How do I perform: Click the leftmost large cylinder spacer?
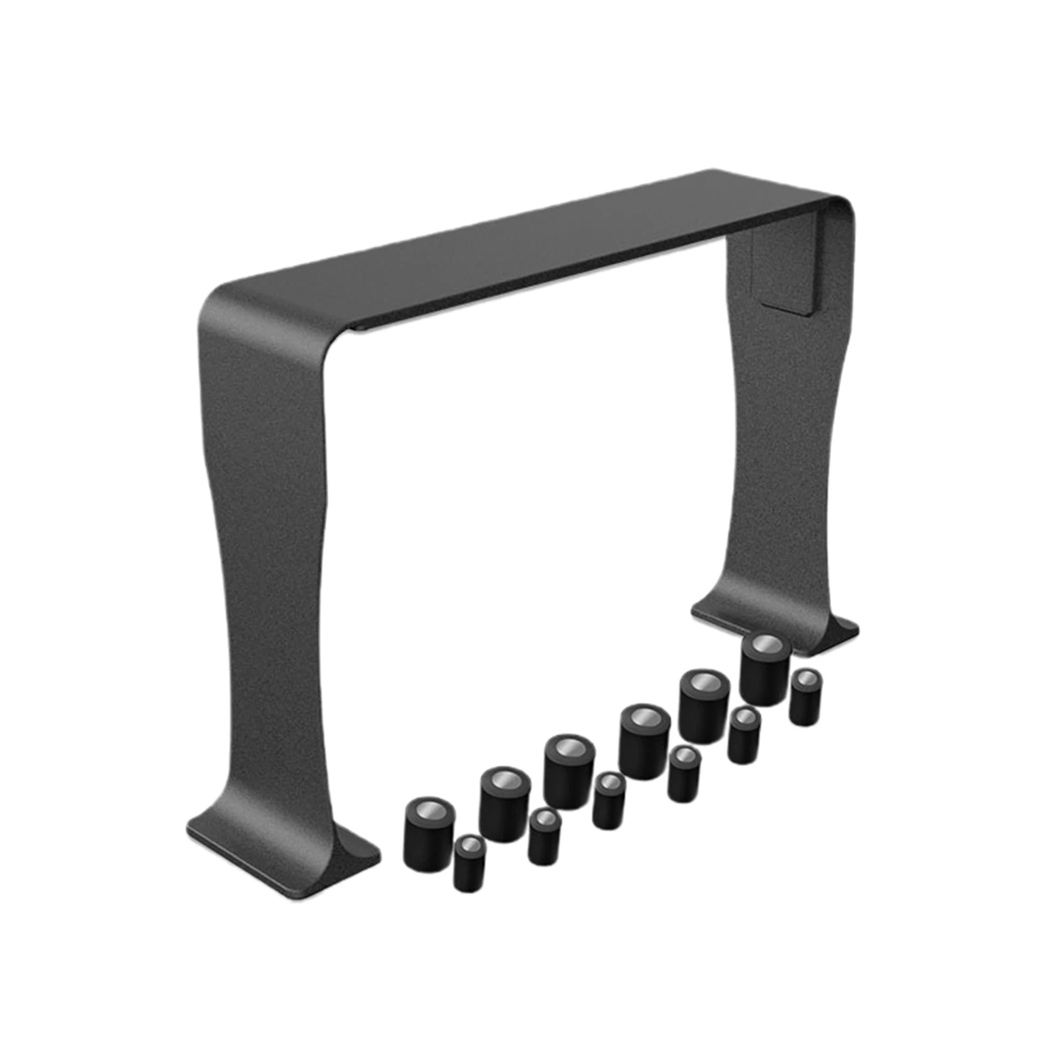tap(429, 834)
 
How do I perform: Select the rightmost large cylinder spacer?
tap(766, 670)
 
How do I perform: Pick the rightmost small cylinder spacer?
tap(806, 697)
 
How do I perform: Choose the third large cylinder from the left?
tap(569, 771)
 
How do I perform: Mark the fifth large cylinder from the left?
tap(704, 706)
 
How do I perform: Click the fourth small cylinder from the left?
tap(684, 774)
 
